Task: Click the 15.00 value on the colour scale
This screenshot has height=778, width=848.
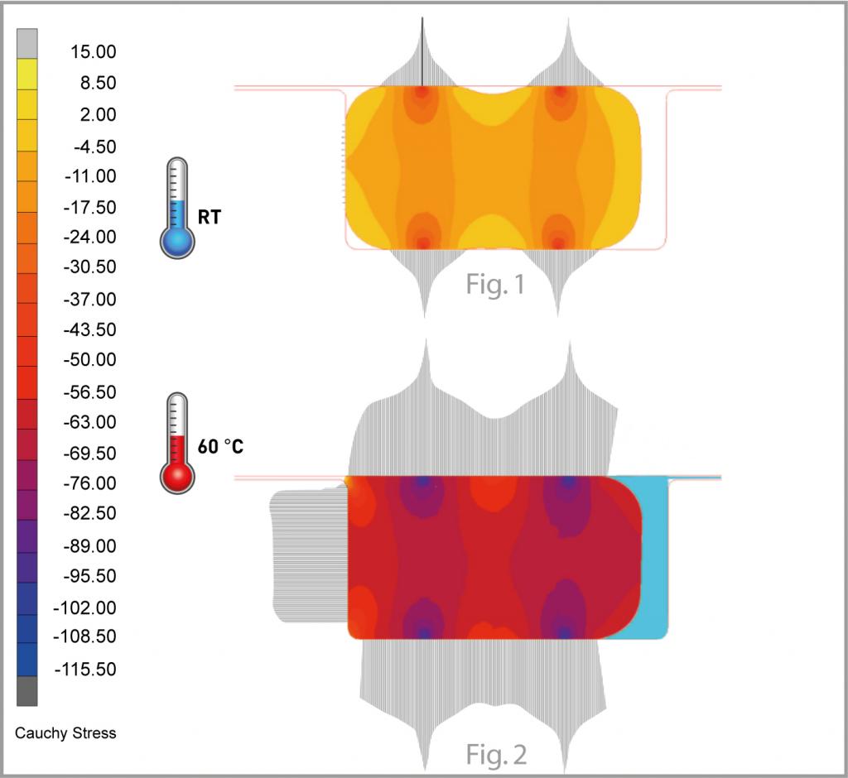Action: coord(93,52)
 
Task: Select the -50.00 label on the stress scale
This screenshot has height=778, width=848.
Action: coord(89,359)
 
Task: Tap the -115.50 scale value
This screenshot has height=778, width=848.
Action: coord(85,670)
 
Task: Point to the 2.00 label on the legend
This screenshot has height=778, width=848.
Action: coord(98,114)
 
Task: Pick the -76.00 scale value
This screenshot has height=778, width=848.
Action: coord(89,483)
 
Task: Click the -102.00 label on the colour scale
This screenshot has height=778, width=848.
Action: coord(85,608)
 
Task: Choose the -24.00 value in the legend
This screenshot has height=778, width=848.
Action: coord(89,237)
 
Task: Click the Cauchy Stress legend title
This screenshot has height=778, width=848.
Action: coord(65,733)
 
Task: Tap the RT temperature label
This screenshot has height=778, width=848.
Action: coord(210,218)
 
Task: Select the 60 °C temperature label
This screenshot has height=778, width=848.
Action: coord(220,447)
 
